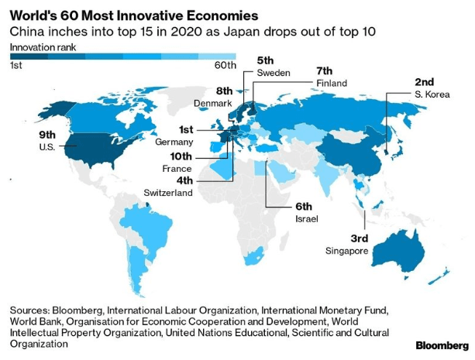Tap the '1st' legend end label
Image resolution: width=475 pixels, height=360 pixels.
[x=15, y=66]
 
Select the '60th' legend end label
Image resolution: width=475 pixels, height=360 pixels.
[x=225, y=66]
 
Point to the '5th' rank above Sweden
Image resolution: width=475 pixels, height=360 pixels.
[x=266, y=60]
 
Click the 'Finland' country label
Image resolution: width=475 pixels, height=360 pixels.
[x=332, y=83]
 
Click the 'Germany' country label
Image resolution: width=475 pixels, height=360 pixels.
[x=174, y=143]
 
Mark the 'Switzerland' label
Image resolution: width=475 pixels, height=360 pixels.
[x=168, y=192]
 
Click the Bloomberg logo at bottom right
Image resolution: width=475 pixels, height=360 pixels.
[x=442, y=345]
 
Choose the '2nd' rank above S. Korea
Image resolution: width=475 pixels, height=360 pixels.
[x=425, y=81]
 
